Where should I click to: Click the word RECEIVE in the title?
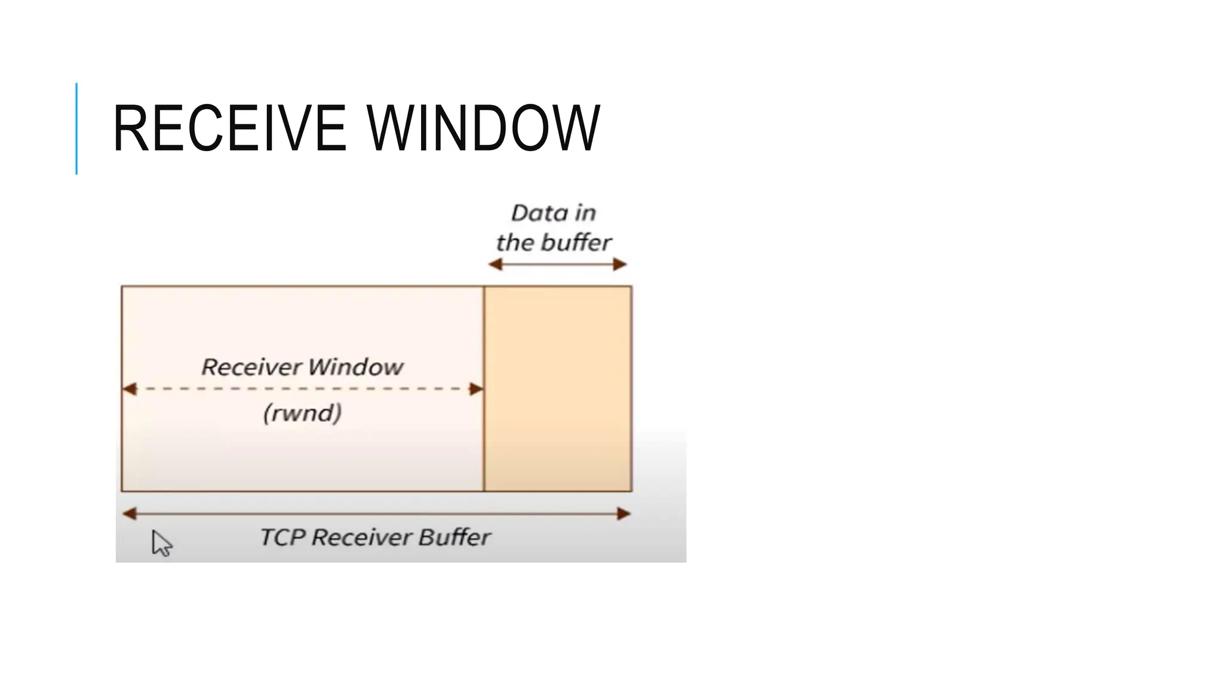(229, 128)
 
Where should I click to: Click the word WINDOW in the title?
(483, 128)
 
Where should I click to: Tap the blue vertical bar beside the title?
(76, 128)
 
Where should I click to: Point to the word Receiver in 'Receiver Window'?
(251, 367)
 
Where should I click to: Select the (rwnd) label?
(303, 413)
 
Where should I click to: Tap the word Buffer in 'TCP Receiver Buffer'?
(454, 537)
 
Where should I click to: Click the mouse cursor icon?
(161, 543)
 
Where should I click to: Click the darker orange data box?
(558, 388)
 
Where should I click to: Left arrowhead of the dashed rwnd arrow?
(130, 389)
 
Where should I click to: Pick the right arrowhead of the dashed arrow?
(477, 389)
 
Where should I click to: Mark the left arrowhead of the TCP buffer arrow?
(130, 514)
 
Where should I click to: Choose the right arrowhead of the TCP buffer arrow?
(623, 514)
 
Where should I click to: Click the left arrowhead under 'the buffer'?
(495, 265)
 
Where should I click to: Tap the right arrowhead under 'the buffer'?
(620, 265)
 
